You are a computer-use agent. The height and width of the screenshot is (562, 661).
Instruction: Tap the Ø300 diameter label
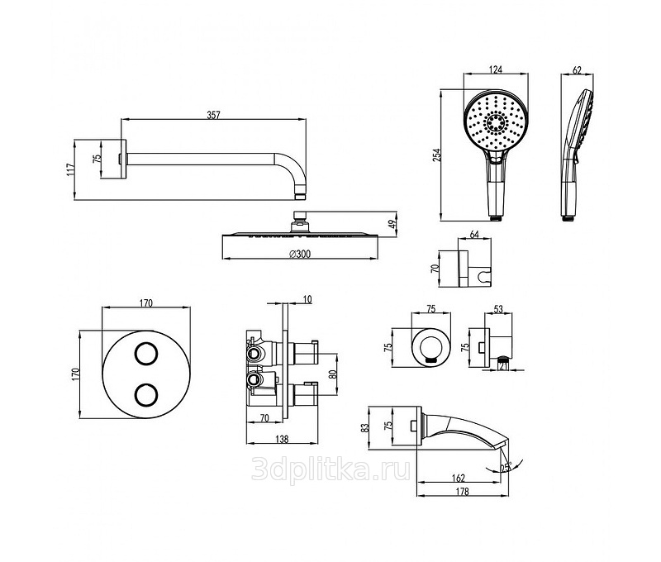coord(299,255)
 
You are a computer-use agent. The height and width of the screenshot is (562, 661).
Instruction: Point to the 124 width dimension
coord(496,69)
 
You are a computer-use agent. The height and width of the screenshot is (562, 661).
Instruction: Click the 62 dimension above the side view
coord(576,69)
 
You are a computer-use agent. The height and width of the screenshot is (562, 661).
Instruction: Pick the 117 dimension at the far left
coord(72,169)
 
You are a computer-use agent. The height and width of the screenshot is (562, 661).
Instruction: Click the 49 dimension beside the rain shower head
coord(394,221)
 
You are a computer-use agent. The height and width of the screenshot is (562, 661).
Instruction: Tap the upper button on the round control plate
coord(146,354)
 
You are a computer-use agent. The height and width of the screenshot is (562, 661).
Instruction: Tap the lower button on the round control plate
coord(146,394)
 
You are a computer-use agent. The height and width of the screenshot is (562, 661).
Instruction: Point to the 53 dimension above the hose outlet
coord(497,309)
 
